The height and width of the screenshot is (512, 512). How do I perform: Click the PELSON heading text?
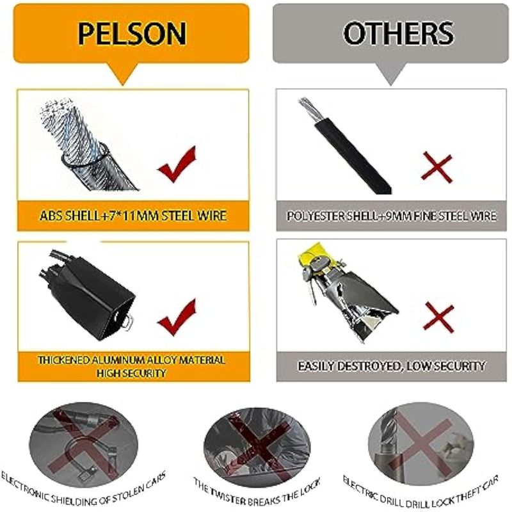tap(132, 33)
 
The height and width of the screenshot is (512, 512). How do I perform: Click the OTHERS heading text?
tap(398, 33)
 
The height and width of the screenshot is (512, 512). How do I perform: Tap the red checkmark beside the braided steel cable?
tap(177, 164)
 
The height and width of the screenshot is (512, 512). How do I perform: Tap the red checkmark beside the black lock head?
tap(177, 317)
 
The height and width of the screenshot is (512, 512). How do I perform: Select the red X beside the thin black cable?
tap(437, 168)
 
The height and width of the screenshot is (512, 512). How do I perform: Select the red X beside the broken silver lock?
tap(439, 317)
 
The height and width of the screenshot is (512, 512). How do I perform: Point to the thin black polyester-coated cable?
tap(346, 147)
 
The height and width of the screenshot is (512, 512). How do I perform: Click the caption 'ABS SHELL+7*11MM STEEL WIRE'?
tap(133, 216)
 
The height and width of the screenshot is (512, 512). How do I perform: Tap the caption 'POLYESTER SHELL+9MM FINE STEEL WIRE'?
tap(392, 216)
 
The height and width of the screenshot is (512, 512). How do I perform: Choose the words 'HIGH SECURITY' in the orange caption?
tap(132, 373)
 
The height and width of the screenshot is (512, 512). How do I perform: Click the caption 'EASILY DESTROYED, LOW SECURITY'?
tap(392, 366)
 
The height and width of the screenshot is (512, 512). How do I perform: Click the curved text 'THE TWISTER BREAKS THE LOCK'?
tap(257, 492)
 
